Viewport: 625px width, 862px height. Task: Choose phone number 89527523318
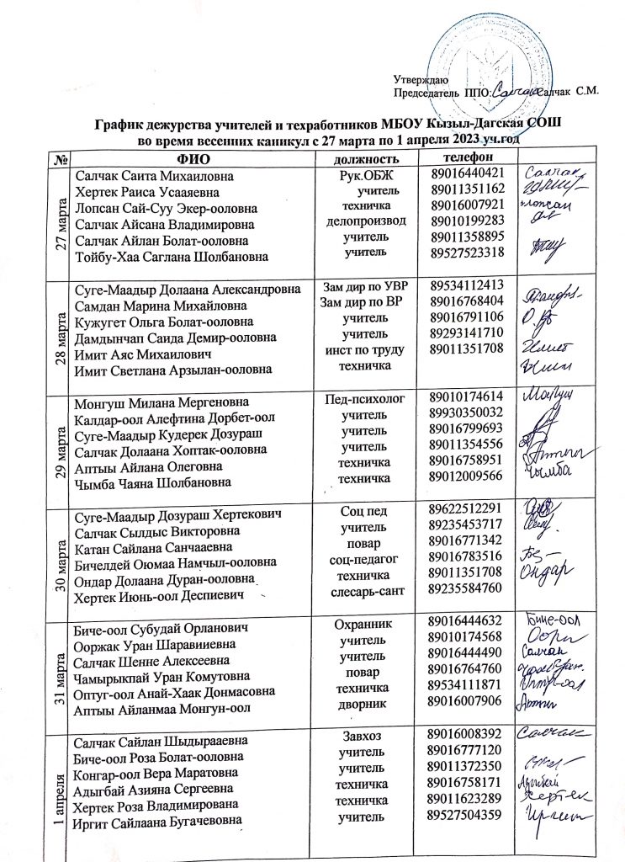coord(466,251)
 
